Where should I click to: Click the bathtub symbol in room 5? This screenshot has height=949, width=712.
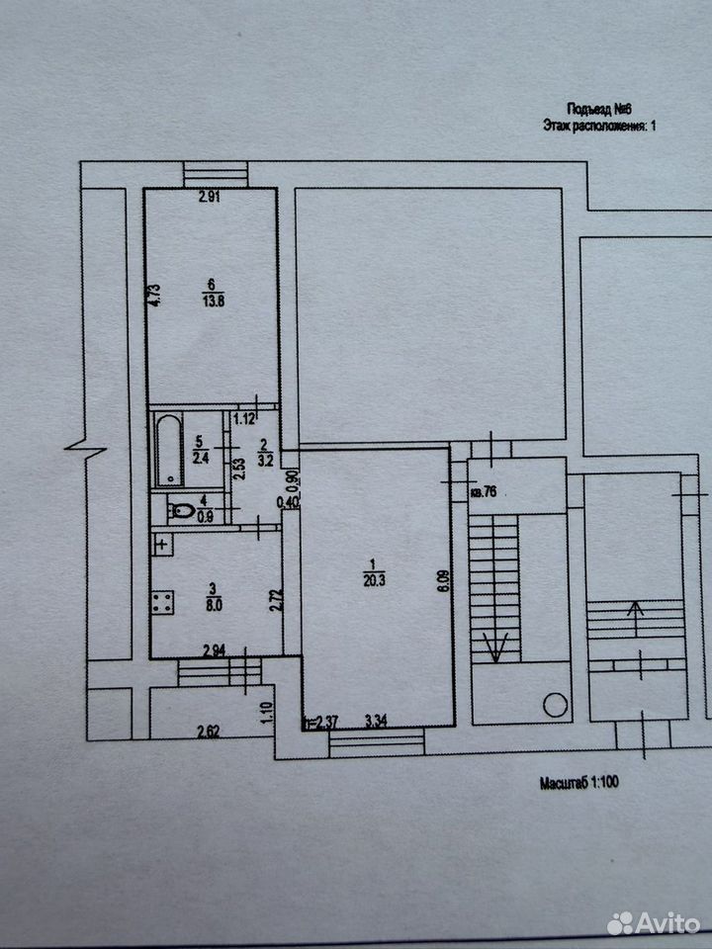169,450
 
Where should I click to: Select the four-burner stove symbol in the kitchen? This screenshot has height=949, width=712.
162,603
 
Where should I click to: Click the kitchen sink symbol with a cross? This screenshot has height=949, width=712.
161,546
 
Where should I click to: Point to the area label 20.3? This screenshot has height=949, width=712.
374,581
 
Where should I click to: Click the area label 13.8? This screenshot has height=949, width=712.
214,302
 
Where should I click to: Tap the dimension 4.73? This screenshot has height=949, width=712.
154,296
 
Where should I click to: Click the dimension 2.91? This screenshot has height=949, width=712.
210,196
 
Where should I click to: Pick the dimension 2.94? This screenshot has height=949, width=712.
215,651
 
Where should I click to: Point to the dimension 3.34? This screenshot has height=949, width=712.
377,721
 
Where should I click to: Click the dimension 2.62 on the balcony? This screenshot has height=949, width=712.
208,732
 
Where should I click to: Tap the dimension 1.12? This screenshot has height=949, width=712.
245,418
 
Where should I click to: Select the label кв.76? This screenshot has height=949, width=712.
484,492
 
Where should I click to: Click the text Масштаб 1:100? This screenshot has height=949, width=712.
579,783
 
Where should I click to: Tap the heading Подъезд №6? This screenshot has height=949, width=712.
599,110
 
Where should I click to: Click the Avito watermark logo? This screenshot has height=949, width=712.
654,923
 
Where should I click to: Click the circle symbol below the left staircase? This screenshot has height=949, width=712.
555,705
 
